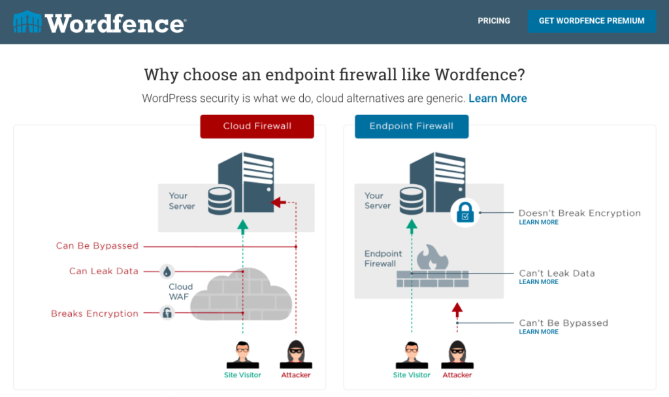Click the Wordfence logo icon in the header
coord(27,22)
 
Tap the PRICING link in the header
coord(494,20)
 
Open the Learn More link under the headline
coord(497,98)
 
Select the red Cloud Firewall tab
coord(257,126)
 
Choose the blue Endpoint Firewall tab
coord(412,126)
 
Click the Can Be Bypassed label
coord(97,246)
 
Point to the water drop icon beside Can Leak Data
coord(167,271)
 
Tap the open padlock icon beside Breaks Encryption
coord(167,313)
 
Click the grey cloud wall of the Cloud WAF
coord(241,295)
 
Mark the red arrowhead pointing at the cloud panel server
coord(278,202)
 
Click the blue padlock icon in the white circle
coord(465,212)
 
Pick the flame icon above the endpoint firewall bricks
coord(432,257)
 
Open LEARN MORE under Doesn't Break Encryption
coord(538,222)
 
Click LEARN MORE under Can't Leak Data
coord(538,282)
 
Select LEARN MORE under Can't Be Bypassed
coord(538,332)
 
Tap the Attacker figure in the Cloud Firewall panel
coord(296,354)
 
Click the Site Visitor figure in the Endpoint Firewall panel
coord(412,355)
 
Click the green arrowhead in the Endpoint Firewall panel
coord(412,227)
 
